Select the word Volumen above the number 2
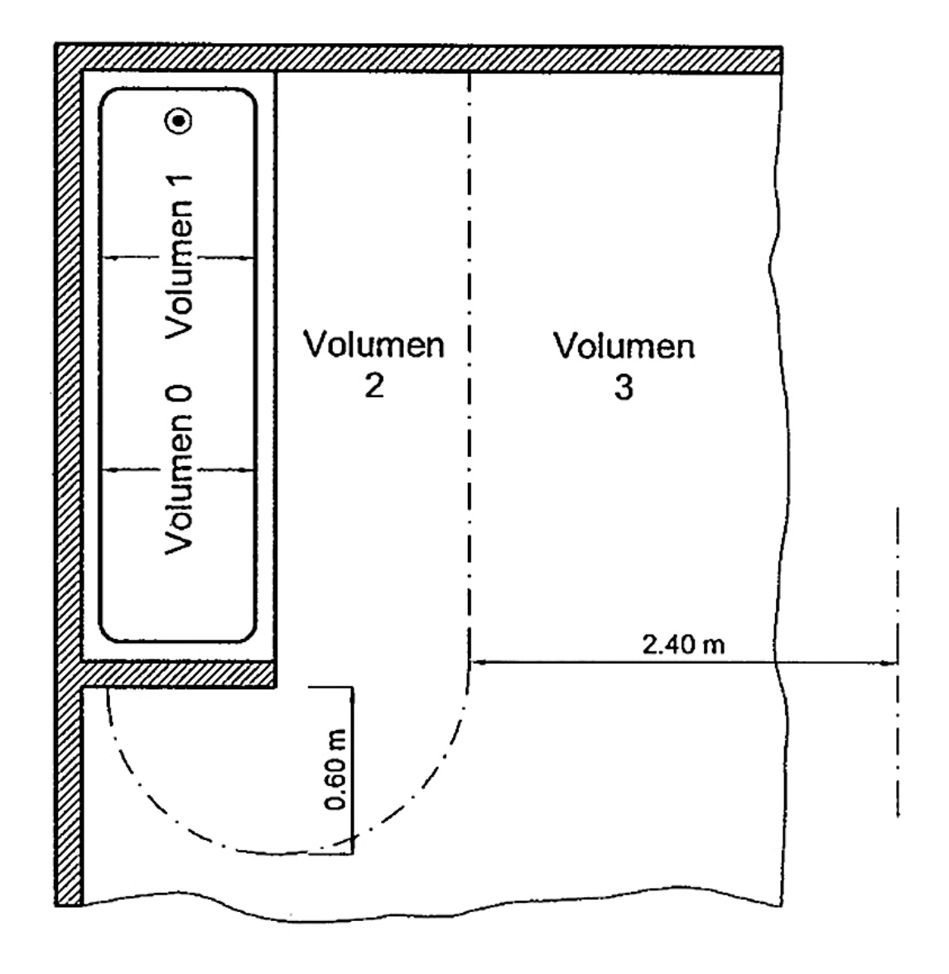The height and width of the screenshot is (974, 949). click(374, 344)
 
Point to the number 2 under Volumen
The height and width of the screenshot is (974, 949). click(374, 386)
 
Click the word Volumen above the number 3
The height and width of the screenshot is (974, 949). click(624, 344)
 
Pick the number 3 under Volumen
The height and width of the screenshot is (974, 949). click(624, 386)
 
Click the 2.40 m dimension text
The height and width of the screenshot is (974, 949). click(683, 644)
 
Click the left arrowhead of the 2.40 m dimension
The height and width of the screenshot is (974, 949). click(476, 662)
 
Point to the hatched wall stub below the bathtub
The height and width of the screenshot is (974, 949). click(179, 674)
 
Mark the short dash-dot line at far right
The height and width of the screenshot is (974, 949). click(897, 662)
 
